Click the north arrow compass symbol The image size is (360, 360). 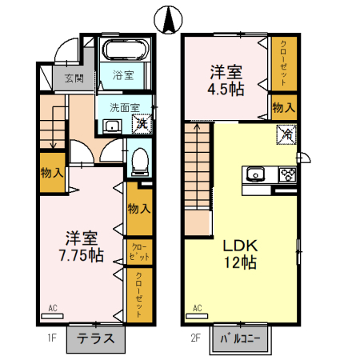(x=169, y=19)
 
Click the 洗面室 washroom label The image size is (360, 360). (x=125, y=106)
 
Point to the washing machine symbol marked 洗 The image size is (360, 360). (x=142, y=122)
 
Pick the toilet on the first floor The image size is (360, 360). (x=140, y=161)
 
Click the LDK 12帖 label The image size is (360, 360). (x=238, y=254)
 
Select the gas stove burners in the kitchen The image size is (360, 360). (x=286, y=174)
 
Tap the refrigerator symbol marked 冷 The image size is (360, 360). (x=286, y=136)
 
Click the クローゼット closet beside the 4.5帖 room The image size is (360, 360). (x=283, y=63)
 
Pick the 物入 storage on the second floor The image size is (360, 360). (x=283, y=106)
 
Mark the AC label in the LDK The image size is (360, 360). (x=198, y=307)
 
